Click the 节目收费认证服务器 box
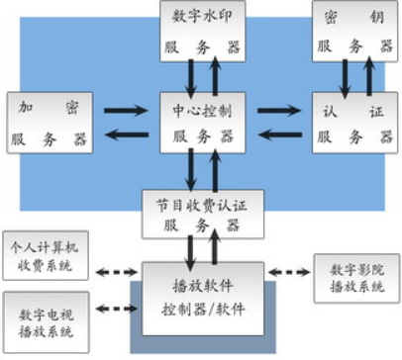point(201,213)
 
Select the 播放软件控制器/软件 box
point(201,294)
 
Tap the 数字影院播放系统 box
point(353,277)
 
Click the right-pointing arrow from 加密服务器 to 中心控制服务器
point(127,110)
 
